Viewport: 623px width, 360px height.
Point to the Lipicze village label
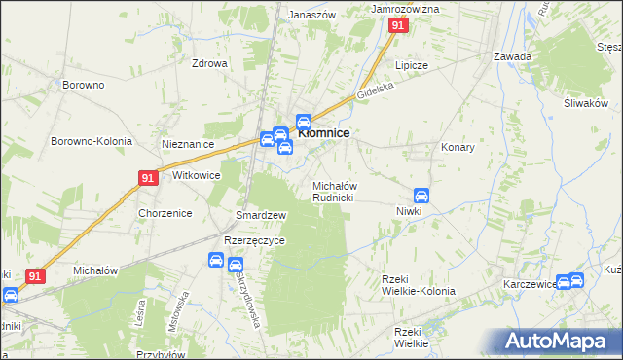(x=411, y=65)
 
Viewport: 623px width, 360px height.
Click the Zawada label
(x=512, y=56)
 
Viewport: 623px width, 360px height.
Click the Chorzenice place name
(x=165, y=213)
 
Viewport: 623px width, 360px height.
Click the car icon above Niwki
(x=421, y=196)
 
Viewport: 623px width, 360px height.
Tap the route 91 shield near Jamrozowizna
(x=397, y=27)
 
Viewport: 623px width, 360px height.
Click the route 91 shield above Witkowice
(x=147, y=178)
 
